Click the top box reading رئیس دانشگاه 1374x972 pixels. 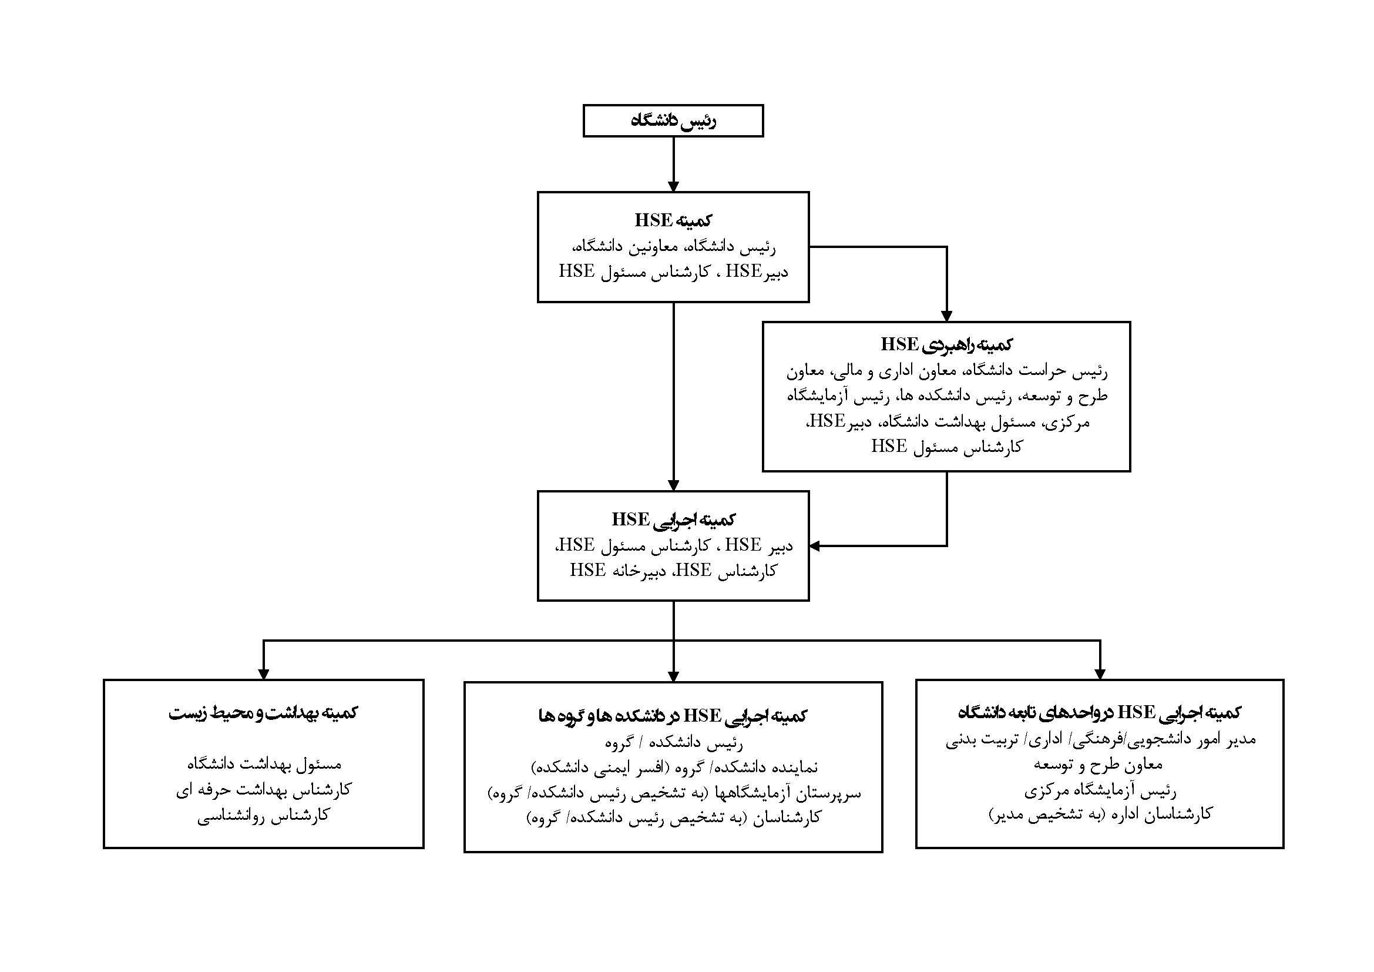tap(673, 121)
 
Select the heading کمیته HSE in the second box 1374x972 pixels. tap(673, 220)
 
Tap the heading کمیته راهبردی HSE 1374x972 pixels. tap(946, 344)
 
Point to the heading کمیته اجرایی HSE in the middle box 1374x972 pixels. tap(673, 519)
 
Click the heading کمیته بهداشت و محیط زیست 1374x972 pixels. tap(263, 713)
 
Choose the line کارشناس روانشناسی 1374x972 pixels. tap(263, 816)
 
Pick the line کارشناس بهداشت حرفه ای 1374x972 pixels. tap(263, 790)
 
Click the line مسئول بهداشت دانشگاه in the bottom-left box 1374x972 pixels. tap(263, 765)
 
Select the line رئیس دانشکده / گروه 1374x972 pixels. tap(673, 743)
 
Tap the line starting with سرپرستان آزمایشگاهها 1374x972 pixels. tap(674, 793)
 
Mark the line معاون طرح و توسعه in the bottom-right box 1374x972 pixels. tap(1098, 765)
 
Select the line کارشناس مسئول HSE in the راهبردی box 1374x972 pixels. tap(946, 447)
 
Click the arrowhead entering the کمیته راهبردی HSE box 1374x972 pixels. tap(946, 316)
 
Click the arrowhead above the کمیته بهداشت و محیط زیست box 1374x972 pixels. tap(263, 674)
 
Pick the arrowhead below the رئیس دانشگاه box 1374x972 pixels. tap(673, 186)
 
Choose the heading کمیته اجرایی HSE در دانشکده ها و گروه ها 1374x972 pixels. tap(673, 715)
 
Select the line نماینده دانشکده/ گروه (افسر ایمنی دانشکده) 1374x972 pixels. tap(674, 768)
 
